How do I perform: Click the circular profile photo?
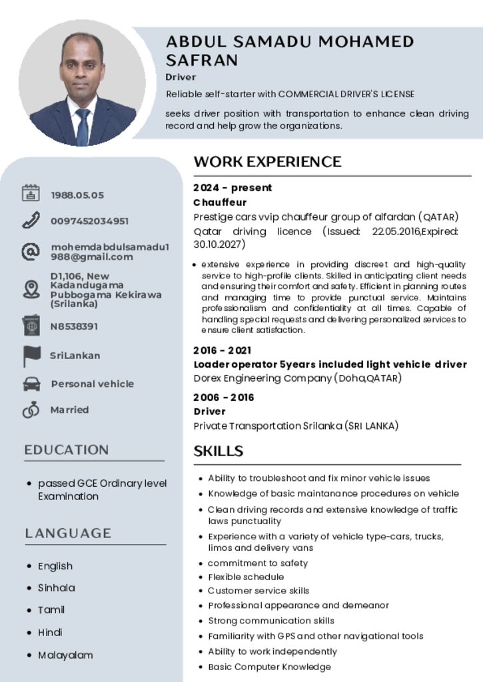point(82,83)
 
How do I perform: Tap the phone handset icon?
point(31,220)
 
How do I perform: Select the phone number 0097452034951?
point(90,221)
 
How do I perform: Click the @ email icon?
point(31,252)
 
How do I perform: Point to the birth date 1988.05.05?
point(77,195)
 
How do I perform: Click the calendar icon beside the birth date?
point(31,193)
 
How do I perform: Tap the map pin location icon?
point(31,290)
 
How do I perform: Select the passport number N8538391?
point(75,326)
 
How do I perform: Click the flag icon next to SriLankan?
point(31,356)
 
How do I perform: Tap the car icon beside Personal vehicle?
point(31,384)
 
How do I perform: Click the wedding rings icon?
point(31,410)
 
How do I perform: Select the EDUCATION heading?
point(67,450)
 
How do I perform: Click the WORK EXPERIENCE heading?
point(267,162)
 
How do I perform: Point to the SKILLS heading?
point(219,452)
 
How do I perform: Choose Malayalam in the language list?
point(65,655)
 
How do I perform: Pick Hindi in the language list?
point(50,632)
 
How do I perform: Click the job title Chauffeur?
point(220,202)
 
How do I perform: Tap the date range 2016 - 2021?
point(223,350)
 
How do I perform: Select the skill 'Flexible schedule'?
point(246,577)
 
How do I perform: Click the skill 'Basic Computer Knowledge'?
point(269,667)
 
